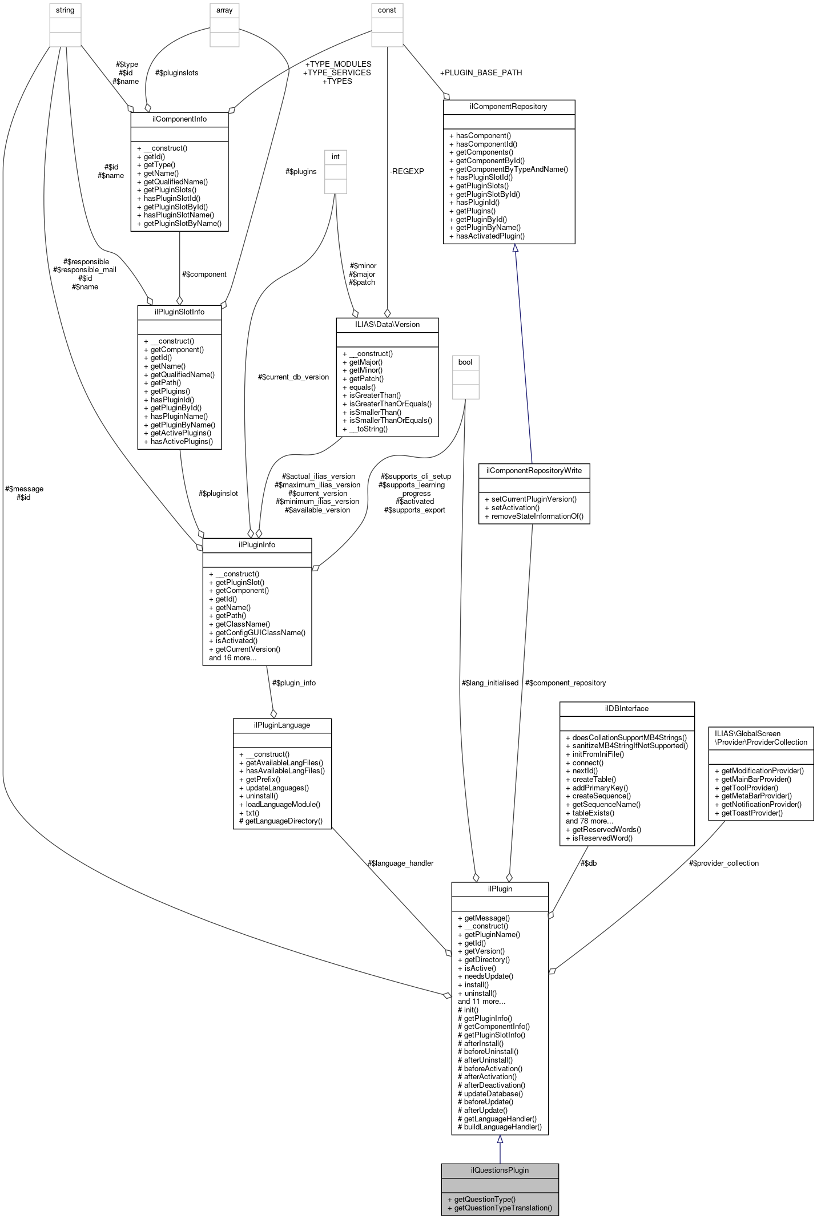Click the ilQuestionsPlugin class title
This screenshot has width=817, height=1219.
pos(500,1170)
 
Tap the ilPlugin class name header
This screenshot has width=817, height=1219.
pos(500,889)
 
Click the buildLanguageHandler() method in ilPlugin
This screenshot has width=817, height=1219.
pos(502,1127)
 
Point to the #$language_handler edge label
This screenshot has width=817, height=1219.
pos(400,863)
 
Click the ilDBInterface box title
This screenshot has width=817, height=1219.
pos(626,708)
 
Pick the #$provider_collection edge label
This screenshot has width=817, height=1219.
pos(723,863)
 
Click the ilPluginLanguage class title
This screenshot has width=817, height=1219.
pos(282,725)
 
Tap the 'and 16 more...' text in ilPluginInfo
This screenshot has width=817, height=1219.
pos(232,657)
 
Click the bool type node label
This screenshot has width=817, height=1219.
pos(465,362)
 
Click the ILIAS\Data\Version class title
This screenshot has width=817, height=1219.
pos(387,324)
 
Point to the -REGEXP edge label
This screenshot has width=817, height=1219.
pos(407,171)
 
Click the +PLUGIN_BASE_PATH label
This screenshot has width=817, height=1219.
pos(481,72)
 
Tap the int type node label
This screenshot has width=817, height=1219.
pos(336,156)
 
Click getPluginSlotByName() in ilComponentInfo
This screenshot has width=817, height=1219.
pos(182,223)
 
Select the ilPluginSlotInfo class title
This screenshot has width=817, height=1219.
pos(179,312)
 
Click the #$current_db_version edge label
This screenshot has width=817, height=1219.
pos(293,377)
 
